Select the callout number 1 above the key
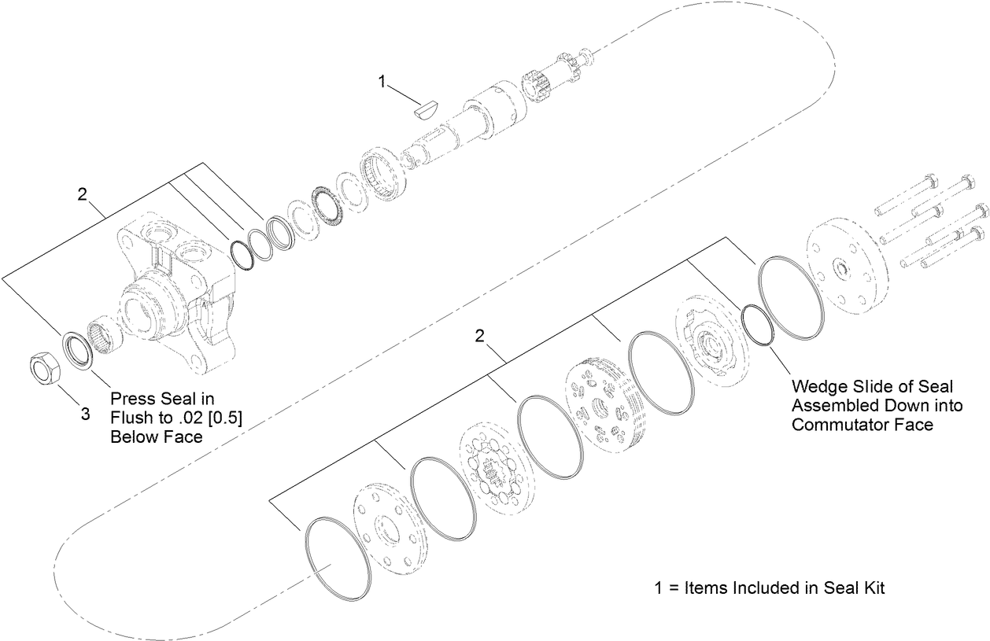382,81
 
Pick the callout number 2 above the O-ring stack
478,336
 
